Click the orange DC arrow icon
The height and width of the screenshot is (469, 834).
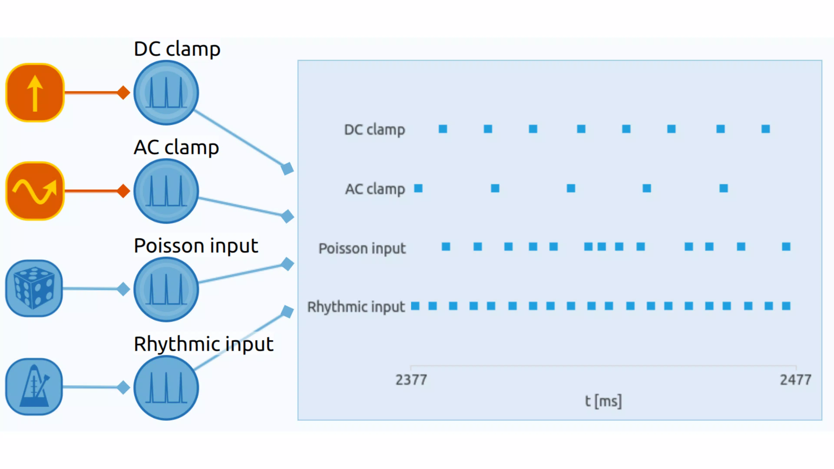pos(35,92)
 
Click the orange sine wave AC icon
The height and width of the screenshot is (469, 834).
pos(35,191)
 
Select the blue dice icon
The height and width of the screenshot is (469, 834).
pos(34,288)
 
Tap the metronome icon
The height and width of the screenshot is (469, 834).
pos(34,386)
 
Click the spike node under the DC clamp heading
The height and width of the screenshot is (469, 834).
pos(166,92)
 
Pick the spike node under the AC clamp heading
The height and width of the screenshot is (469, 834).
pos(166,191)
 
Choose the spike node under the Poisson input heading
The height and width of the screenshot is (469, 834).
pos(166,289)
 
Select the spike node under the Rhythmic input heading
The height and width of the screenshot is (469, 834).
pos(166,388)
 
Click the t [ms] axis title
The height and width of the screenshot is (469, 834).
pos(603,401)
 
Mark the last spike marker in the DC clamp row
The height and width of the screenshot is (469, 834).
pos(765,129)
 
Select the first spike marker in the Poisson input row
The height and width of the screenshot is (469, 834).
pos(446,247)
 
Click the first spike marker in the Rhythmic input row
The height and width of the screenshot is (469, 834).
pos(415,306)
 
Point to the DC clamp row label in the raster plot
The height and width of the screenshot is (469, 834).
pos(375,129)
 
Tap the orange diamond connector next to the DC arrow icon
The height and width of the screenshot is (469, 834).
pos(123,92)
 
